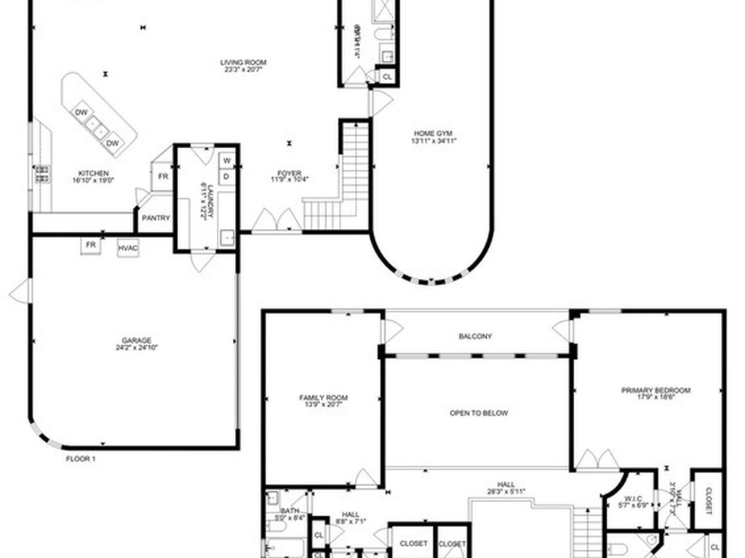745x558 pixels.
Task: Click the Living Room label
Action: tap(243, 62)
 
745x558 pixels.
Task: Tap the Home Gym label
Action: tap(434, 133)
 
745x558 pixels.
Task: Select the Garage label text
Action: tap(137, 340)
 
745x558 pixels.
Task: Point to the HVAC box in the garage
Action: tap(128, 248)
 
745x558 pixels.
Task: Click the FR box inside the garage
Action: tap(91, 246)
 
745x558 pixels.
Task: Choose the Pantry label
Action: tap(156, 218)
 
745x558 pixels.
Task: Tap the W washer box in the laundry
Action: tap(226, 160)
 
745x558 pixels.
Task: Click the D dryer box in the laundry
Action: tap(226, 176)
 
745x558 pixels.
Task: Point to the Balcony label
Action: tap(475, 336)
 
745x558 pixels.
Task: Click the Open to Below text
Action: tap(479, 413)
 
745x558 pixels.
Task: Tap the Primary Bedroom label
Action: tap(656, 390)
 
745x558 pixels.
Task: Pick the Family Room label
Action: tap(323, 397)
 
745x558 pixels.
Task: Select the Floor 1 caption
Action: tap(81, 459)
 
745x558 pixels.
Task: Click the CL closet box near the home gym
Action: tap(386, 76)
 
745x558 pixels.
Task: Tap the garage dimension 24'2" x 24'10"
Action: tap(137, 348)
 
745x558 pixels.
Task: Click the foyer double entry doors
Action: tap(276, 221)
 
